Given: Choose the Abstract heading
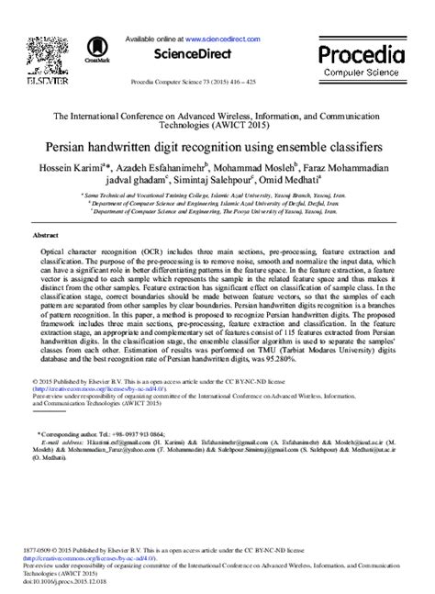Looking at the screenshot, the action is click(46, 236).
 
